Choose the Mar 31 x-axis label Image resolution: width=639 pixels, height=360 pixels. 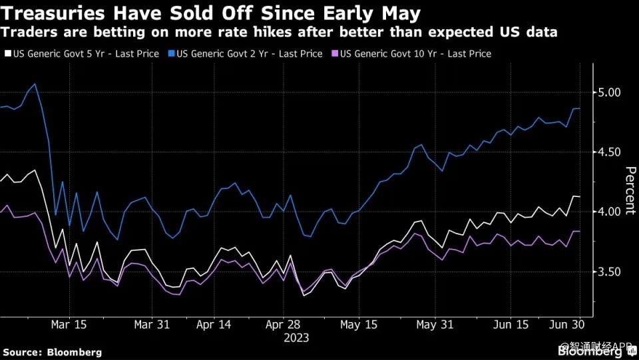tap(152, 325)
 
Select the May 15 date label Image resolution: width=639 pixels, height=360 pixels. tap(359, 325)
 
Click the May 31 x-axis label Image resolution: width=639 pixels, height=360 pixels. tap(435, 325)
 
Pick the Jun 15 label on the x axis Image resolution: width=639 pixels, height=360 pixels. tap(511, 325)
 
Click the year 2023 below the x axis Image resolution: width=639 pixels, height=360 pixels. tap(296, 337)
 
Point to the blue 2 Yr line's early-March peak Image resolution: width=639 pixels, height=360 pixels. tap(35, 84)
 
